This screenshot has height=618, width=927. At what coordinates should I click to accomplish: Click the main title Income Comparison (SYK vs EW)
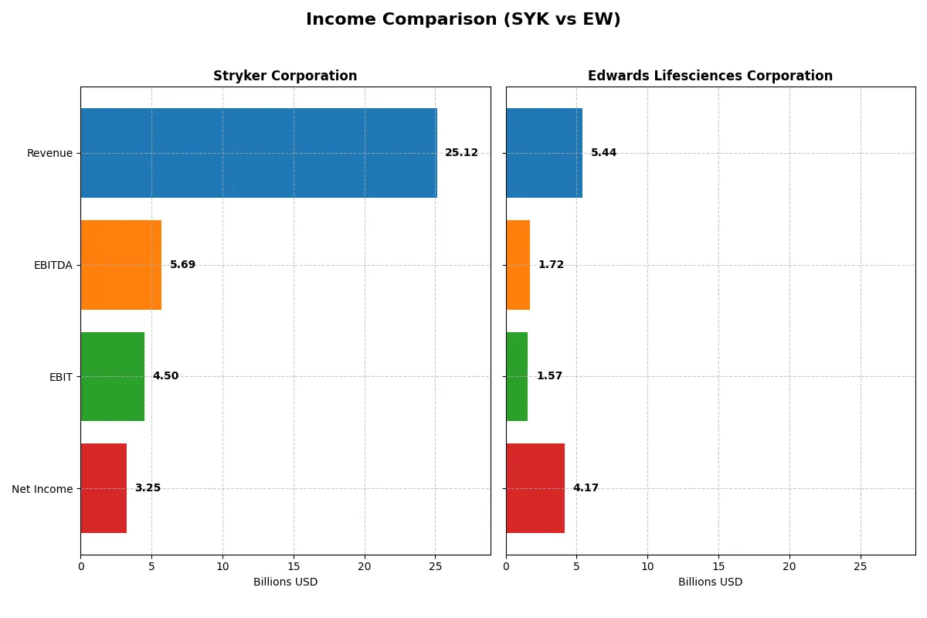(x=463, y=19)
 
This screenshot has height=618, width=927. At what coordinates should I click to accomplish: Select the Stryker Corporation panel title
(x=285, y=76)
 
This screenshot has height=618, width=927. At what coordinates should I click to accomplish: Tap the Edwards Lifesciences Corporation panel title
(x=710, y=76)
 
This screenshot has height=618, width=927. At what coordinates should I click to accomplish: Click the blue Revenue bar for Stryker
(x=259, y=153)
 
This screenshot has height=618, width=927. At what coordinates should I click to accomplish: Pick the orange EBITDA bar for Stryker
(x=121, y=265)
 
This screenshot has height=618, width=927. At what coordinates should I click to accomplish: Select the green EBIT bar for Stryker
(x=113, y=376)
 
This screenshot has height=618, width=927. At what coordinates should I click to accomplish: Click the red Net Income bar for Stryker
(x=104, y=488)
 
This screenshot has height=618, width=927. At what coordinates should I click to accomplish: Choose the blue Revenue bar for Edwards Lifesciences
(x=544, y=153)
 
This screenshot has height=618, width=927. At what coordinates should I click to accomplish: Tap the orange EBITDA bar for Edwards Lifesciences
(x=518, y=265)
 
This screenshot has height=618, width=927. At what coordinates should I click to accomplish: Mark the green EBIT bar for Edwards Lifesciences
(x=517, y=376)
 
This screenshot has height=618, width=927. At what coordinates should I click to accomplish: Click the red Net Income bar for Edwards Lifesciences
(x=535, y=488)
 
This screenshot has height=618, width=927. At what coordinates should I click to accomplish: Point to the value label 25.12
(x=461, y=153)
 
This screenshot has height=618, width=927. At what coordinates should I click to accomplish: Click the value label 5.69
(x=182, y=265)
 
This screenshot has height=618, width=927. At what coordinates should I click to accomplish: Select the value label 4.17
(x=586, y=488)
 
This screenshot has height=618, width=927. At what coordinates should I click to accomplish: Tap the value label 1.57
(x=549, y=376)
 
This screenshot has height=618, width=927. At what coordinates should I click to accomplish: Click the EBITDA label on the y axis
(x=53, y=265)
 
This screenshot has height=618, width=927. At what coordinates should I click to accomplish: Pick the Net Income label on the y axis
(x=42, y=488)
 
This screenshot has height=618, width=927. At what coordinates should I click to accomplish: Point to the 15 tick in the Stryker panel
(x=294, y=566)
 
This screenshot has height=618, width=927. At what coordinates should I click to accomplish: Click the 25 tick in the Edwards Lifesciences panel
(x=860, y=566)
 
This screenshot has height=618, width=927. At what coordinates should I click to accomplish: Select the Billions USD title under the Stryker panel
(x=285, y=582)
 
